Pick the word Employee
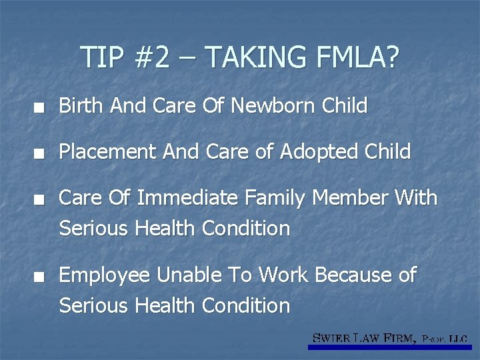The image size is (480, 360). click(x=104, y=275)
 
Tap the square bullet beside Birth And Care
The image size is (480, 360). click(x=41, y=107)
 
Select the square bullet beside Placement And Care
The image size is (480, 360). click(x=41, y=153)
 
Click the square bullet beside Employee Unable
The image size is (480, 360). click(x=41, y=276)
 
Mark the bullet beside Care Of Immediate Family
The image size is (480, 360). click(x=41, y=199)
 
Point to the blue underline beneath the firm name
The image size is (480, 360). click(x=389, y=347)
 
